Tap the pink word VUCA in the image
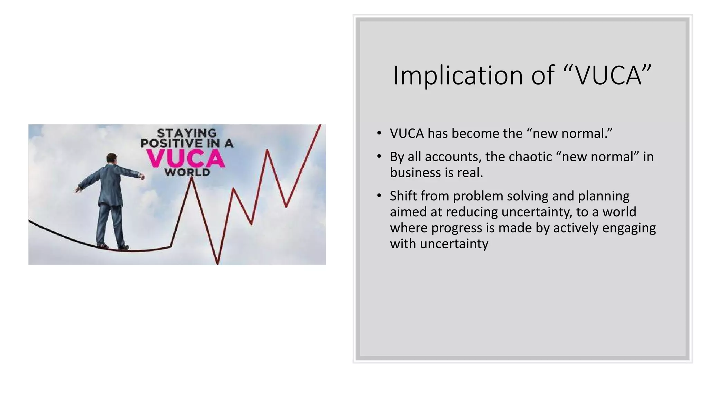(x=186, y=159)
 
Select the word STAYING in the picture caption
(x=187, y=133)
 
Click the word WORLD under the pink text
(x=187, y=172)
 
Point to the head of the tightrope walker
(x=111, y=159)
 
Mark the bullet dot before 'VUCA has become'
(x=379, y=133)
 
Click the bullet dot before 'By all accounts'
(x=379, y=157)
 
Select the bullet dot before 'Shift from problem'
(x=379, y=196)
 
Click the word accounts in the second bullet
(x=453, y=157)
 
